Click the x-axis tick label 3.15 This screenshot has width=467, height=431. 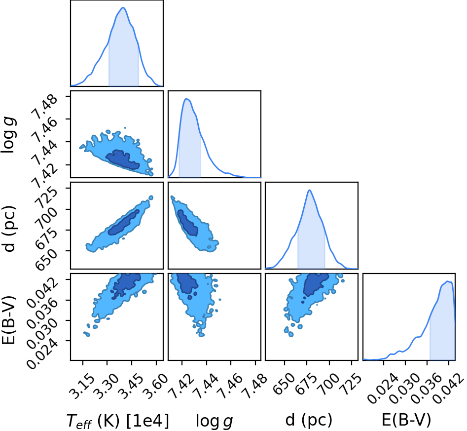81,387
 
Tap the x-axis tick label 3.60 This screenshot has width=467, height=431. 155,387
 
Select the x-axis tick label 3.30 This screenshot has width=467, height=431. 106,387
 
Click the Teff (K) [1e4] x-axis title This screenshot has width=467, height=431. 117,421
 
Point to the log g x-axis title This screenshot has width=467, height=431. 214,421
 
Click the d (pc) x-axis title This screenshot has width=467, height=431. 309,420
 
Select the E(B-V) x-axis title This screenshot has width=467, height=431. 406,420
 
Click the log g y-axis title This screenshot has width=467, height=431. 9,135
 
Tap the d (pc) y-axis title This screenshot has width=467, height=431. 9,228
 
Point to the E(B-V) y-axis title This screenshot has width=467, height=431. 8,320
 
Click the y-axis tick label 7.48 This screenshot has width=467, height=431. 43,107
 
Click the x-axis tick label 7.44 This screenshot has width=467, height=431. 206,387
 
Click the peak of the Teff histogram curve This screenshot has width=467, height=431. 123,7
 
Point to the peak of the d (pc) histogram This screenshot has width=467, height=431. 310,190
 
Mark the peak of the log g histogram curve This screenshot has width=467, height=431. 187,99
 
